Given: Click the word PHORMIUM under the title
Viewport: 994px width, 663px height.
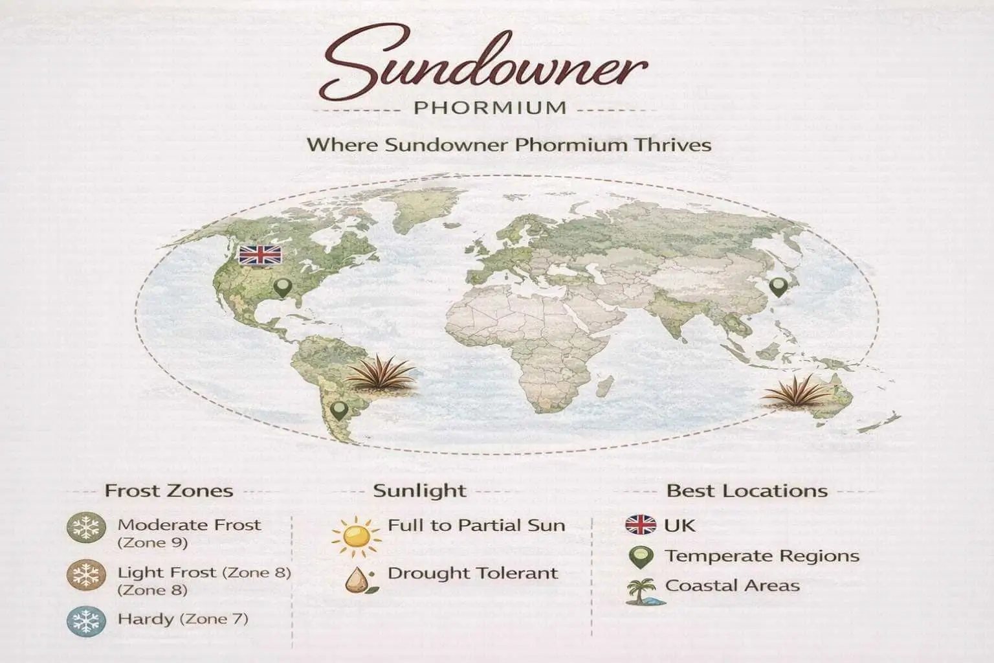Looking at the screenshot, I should click(x=490, y=107).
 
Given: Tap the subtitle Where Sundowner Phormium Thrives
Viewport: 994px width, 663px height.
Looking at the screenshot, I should click(x=509, y=144).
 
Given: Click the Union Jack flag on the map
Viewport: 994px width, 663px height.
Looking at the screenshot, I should click(x=260, y=255).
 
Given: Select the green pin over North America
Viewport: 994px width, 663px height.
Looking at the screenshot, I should click(x=282, y=287).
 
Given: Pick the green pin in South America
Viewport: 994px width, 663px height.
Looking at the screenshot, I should click(x=338, y=410).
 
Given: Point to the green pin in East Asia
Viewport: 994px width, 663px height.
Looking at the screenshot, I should click(x=778, y=287).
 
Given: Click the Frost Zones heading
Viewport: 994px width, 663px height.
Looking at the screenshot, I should click(x=169, y=491).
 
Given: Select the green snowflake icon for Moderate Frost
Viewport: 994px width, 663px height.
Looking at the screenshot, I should click(x=85, y=528).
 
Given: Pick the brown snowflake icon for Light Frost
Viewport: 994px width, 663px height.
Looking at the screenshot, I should click(x=85, y=576).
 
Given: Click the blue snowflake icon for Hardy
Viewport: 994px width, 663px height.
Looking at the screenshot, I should click(x=85, y=622).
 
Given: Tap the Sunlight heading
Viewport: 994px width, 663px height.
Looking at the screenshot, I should click(x=419, y=491).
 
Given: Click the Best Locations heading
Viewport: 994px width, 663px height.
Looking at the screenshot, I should click(x=747, y=491).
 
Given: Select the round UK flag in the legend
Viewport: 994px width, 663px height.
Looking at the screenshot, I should click(x=641, y=524).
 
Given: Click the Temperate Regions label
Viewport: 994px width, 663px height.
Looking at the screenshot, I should click(x=762, y=556).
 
